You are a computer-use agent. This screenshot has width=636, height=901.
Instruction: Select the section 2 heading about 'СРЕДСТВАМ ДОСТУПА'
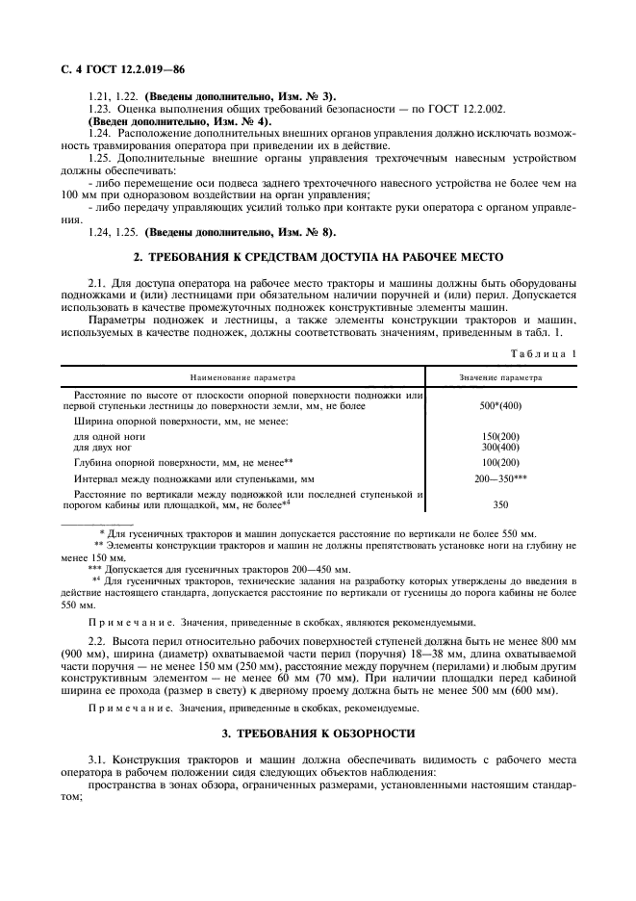point(318,257)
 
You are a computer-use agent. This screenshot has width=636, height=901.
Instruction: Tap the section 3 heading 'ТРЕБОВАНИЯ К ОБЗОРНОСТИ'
point(318,734)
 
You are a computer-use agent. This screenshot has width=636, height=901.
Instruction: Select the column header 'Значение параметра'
point(499,378)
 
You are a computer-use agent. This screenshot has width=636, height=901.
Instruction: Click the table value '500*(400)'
point(499,407)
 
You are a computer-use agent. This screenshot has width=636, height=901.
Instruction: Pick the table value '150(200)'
point(499,436)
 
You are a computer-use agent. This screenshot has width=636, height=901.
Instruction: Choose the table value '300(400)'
point(499,448)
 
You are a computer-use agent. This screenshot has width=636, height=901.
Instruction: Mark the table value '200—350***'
point(499,478)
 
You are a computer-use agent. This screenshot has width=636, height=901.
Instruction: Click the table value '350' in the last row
point(499,503)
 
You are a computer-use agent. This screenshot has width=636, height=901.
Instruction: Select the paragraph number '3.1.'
point(97,761)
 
